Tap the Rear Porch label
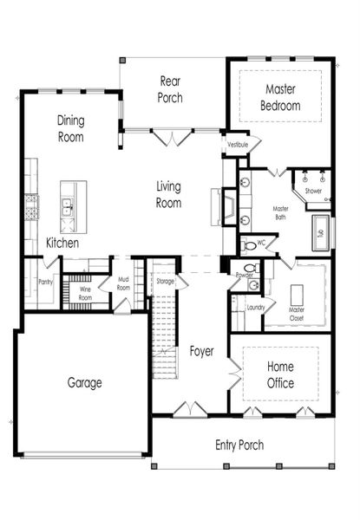tap(170, 89)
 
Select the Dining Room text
tap(70, 128)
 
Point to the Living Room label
tap(168, 194)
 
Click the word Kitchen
tap(63, 244)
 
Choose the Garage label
tap(85, 382)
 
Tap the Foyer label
tap(203, 351)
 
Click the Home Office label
tap(280, 374)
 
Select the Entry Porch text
tap(239, 445)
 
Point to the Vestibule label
tap(238, 146)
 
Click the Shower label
tap(313, 191)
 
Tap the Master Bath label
tap(280, 214)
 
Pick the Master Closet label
tap(297, 314)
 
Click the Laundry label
tap(255, 307)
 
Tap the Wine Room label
tap(85, 292)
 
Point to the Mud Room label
tap(123, 283)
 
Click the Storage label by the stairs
tap(165, 282)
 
